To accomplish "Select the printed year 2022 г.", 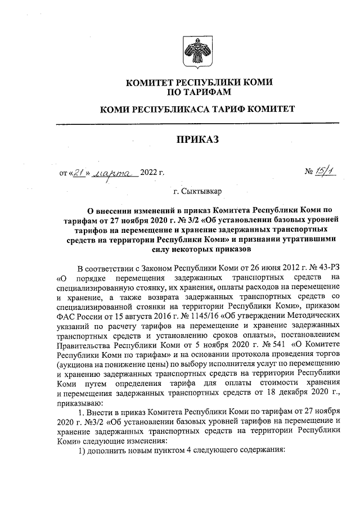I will point(152,173).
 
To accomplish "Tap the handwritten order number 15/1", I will point(325,172).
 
